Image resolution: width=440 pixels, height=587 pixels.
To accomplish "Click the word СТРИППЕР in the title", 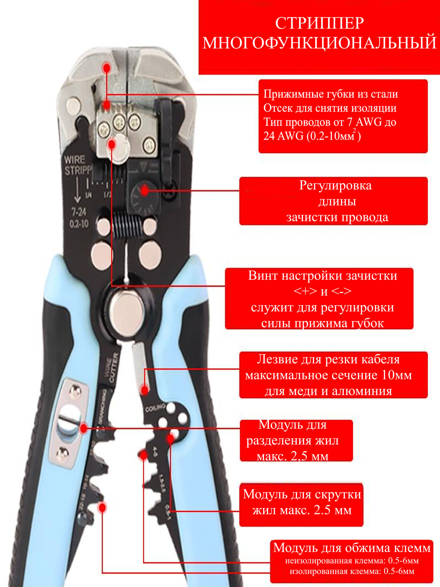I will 319,23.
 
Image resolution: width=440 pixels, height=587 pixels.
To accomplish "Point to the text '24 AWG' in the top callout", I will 283,136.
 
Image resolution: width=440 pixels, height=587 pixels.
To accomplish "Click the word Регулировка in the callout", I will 335,185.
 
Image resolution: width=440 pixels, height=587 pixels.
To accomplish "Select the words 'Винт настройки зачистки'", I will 322,276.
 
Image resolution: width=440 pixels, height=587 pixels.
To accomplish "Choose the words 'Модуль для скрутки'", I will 302,494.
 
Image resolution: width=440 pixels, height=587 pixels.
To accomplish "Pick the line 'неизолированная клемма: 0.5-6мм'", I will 352,561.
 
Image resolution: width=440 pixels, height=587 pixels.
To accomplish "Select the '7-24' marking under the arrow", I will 79,212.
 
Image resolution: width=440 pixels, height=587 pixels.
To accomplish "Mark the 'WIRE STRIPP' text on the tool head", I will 77,165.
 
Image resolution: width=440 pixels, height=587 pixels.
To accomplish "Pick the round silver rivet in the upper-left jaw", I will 73,106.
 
